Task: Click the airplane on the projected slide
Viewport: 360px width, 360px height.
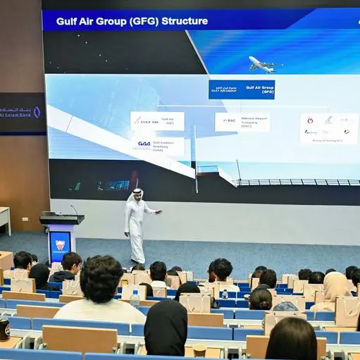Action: coord(263,65)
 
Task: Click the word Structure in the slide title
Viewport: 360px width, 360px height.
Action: coord(185,21)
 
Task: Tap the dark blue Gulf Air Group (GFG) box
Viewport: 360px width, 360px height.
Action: coord(242,89)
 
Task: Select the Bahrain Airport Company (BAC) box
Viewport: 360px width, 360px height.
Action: coord(242,122)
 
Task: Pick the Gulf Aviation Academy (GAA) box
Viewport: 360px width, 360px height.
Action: coord(157,145)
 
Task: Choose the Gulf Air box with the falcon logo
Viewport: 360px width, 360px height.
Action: coord(156,120)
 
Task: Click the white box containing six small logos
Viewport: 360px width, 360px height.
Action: coord(328,128)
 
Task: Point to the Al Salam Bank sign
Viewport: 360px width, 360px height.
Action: coord(21,113)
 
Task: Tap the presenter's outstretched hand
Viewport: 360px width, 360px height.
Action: coord(159,212)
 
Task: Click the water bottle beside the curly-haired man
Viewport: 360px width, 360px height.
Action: coord(135,299)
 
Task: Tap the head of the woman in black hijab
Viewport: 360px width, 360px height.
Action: coord(166,325)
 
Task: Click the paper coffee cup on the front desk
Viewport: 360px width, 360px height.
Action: coord(199,350)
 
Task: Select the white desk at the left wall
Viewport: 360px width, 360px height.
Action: coord(4,219)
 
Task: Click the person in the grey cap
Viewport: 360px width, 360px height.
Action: coord(285,307)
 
